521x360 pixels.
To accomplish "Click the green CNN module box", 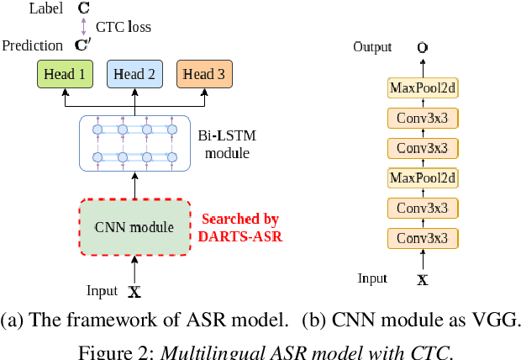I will (134, 227).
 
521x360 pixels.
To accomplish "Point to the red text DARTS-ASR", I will (240, 236).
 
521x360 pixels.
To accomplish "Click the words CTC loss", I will (124, 27).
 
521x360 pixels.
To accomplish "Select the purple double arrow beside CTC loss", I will (83, 27).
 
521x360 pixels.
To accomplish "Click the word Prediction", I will (32, 45).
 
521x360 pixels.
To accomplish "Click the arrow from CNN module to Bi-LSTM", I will (134, 183).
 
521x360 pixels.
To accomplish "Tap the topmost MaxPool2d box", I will (423, 87).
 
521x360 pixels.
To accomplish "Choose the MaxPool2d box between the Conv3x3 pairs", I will (423, 177).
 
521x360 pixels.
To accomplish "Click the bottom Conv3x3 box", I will (423, 238).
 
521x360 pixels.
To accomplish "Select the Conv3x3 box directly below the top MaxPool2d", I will (423, 117).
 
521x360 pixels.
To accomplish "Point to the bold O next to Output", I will (422, 48).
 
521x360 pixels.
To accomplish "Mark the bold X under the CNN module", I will (134, 293).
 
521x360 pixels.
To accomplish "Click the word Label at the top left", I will (45, 8).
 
